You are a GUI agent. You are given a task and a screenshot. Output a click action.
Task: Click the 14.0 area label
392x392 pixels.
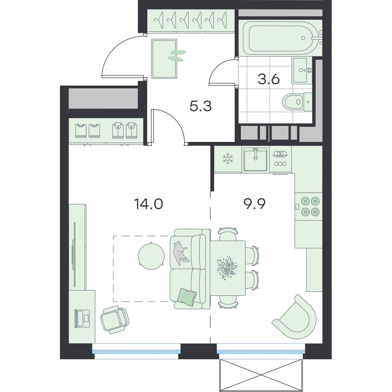(x=149, y=204)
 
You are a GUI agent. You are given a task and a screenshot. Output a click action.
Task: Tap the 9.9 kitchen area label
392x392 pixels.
(x=254, y=204)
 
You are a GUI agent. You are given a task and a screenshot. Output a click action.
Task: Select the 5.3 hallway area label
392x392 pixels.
(x=200, y=106)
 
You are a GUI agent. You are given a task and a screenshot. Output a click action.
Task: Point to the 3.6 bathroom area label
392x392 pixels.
(x=269, y=79)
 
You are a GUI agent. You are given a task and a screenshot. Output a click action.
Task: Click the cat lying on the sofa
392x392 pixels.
(x=180, y=253)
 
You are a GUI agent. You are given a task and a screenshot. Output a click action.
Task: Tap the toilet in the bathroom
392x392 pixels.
(x=298, y=102)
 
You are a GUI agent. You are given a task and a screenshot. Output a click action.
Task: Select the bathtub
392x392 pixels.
(x=280, y=38)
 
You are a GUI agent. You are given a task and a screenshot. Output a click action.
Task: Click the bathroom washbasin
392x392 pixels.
(x=301, y=70)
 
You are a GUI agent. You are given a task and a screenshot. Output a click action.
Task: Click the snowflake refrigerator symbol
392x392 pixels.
(x=228, y=159)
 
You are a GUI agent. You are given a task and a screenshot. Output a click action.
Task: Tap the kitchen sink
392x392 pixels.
(x=255, y=159)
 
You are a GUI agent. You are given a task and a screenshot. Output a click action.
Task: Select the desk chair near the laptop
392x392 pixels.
(x=115, y=320)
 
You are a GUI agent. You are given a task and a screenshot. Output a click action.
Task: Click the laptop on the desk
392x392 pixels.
(x=82, y=318)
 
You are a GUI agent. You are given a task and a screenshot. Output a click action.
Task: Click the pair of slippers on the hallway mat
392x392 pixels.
(x=176, y=56)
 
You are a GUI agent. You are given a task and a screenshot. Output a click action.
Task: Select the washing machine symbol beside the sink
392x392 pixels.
(x=280, y=159)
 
